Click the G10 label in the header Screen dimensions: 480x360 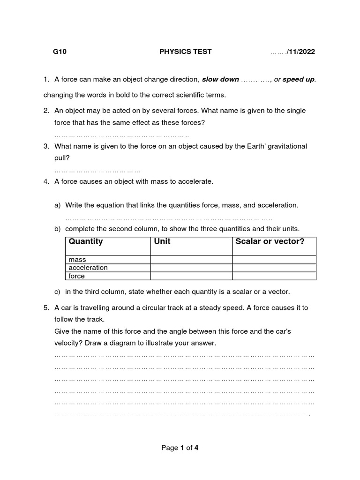[x=60, y=52]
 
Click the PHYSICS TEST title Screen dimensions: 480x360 [x=186, y=52]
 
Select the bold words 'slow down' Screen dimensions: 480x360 [x=220, y=79]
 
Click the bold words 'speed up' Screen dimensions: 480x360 [x=299, y=79]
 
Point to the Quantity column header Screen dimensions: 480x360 [x=86, y=242]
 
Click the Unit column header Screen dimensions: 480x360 [x=162, y=242]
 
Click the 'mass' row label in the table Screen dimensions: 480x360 [x=77, y=260]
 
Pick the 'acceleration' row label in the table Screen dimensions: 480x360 [x=88, y=268]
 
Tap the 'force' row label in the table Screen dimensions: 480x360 [x=77, y=276]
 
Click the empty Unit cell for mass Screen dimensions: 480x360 [x=191, y=260]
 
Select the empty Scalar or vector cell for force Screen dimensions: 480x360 [x=274, y=276]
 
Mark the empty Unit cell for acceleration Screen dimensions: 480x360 [x=191, y=268]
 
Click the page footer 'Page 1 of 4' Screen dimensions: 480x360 [x=180, y=448]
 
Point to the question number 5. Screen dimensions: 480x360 [x=46, y=308]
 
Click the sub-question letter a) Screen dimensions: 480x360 [x=58, y=205]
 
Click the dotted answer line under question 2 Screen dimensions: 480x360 [x=122, y=135]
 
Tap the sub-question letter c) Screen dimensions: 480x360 [x=58, y=292]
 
